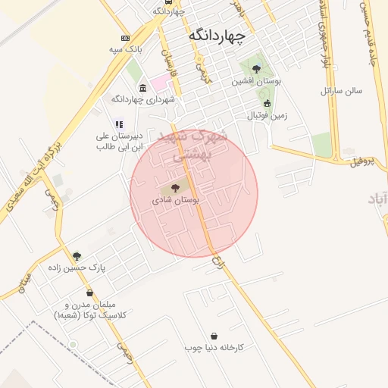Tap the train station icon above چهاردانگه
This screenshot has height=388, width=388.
pyautogui.click(x=158, y=11)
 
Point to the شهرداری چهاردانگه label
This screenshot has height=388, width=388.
pyautogui.click(x=143, y=99)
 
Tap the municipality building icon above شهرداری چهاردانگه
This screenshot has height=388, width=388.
pyautogui.click(x=143, y=88)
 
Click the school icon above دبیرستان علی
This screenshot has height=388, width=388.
pyautogui.click(x=119, y=124)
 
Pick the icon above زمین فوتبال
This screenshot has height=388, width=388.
pyautogui.click(x=266, y=103)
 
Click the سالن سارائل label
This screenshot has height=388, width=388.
pyautogui.click(x=342, y=90)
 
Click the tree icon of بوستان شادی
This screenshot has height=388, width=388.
pyautogui.click(x=175, y=187)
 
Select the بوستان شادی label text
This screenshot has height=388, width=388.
pyautogui.click(x=175, y=201)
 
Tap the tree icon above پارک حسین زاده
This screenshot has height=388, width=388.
pyautogui.click(x=77, y=256)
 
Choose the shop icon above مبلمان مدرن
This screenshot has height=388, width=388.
pyautogui.click(x=89, y=293)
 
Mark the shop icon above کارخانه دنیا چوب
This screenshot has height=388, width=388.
pyautogui.click(x=214, y=336)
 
